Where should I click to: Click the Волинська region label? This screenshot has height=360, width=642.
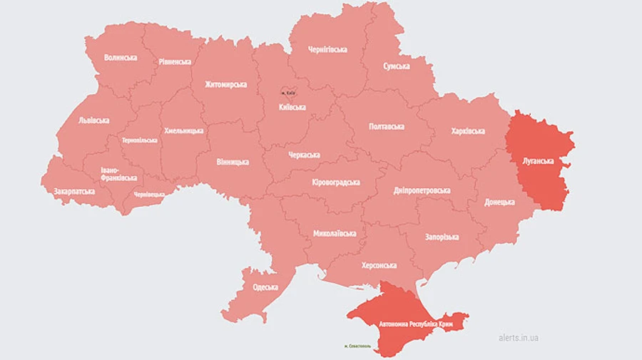pyautogui.click(x=120, y=57)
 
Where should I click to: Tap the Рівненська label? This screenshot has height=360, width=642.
pyautogui.click(x=175, y=61)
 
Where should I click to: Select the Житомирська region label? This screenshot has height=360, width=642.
pyautogui.click(x=225, y=84)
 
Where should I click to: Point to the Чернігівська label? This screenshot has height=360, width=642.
pyautogui.click(x=327, y=49)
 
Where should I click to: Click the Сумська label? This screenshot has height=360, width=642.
pyautogui.click(x=397, y=66)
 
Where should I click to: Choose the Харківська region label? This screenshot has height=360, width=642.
pyautogui.click(x=468, y=131)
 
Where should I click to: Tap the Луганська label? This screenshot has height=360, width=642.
pyautogui.click(x=538, y=161)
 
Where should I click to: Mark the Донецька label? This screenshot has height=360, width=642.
pyautogui.click(x=499, y=202)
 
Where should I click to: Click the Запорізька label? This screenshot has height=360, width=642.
pyautogui.click(x=442, y=237)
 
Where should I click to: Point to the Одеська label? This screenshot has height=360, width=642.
pyautogui.click(x=265, y=288)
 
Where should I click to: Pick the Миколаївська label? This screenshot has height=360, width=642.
pyautogui.click(x=335, y=234)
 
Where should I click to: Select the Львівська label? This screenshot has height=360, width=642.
pyautogui.click(x=94, y=120)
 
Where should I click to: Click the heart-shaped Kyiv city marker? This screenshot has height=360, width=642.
pyautogui.click(x=288, y=93)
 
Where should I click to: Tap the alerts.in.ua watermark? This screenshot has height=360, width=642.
pyautogui.click(x=519, y=337)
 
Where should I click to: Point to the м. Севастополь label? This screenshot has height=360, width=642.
pyautogui.click(x=357, y=346)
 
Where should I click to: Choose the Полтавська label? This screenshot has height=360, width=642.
pyautogui.click(x=387, y=127)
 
